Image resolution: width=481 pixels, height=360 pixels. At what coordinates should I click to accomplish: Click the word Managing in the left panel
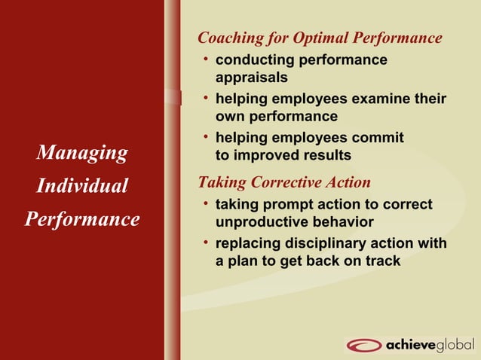(82, 153)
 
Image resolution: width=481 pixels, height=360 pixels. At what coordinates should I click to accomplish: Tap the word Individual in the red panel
(82, 186)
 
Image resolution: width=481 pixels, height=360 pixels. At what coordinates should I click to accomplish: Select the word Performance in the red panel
(82, 219)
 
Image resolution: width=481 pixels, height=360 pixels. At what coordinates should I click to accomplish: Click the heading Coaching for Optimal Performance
(320, 38)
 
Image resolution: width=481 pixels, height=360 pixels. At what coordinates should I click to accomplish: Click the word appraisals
(251, 77)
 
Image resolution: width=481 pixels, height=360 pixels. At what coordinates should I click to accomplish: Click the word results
(325, 156)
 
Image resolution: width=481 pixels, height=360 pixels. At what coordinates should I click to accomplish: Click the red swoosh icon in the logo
(364, 346)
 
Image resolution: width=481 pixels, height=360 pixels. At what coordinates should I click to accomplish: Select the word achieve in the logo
(409, 346)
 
